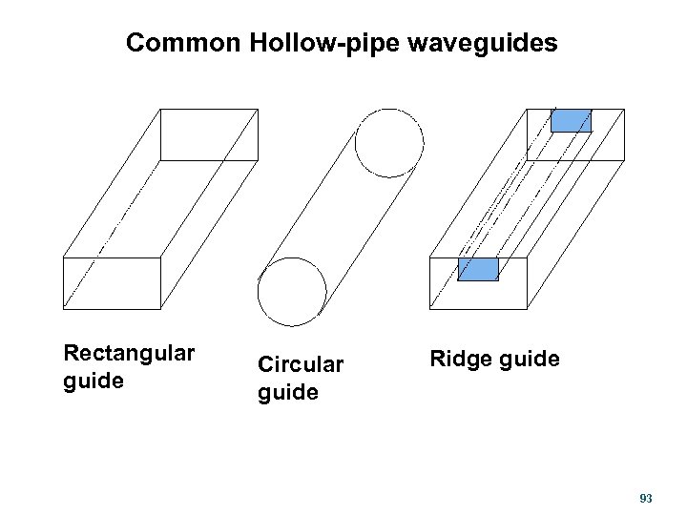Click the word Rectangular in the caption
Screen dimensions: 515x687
(x=129, y=354)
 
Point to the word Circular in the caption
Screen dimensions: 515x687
(x=302, y=365)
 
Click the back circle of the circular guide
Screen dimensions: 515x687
(x=388, y=143)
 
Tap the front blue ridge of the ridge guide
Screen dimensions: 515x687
(x=478, y=269)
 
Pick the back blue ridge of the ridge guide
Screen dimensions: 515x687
(x=572, y=120)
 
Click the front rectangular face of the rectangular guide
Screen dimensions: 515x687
(x=112, y=283)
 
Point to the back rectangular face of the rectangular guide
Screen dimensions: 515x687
(x=209, y=134)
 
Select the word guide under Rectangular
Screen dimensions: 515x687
(x=94, y=381)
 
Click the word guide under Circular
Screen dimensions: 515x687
(x=288, y=392)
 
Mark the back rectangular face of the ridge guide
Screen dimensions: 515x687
(x=575, y=134)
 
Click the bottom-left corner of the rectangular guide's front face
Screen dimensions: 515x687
(x=63, y=309)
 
